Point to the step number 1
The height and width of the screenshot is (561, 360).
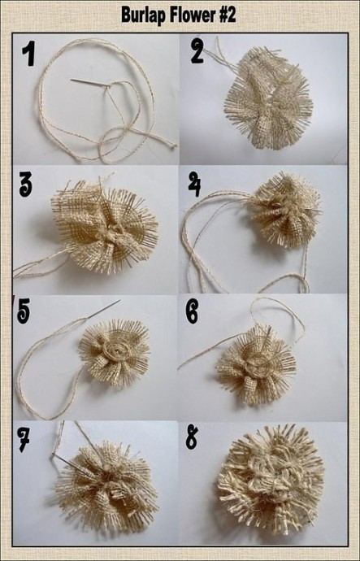pyautogui.click(x=29, y=54)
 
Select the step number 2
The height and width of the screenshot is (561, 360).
pyautogui.click(x=197, y=50)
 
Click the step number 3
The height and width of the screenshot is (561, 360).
pyautogui.click(x=25, y=184)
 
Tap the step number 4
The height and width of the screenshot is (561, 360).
pyautogui.click(x=194, y=184)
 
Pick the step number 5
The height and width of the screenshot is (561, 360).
pyautogui.click(x=24, y=311)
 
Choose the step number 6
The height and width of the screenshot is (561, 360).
pyautogui.click(x=193, y=311)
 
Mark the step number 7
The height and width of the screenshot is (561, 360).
pyautogui.click(x=24, y=439)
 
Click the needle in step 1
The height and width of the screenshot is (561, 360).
pyautogui.click(x=90, y=83)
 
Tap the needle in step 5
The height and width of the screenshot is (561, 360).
pyautogui.click(x=103, y=309)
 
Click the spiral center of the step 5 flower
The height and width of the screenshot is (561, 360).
pyautogui.click(x=115, y=351)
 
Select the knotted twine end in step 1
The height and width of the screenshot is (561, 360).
pyautogui.click(x=173, y=146)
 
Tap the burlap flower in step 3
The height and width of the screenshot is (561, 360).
pyautogui.click(x=104, y=226)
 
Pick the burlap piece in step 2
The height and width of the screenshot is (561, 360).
pyautogui.click(x=269, y=98)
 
